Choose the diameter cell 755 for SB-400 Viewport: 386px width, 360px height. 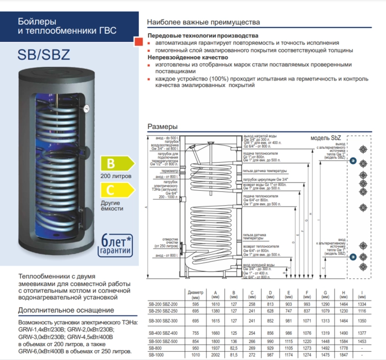(x=196, y=333)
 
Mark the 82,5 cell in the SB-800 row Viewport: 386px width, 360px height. (x=234, y=348)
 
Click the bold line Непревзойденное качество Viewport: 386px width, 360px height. (x=187, y=57)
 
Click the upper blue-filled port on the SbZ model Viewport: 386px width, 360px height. (x=353, y=162)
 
